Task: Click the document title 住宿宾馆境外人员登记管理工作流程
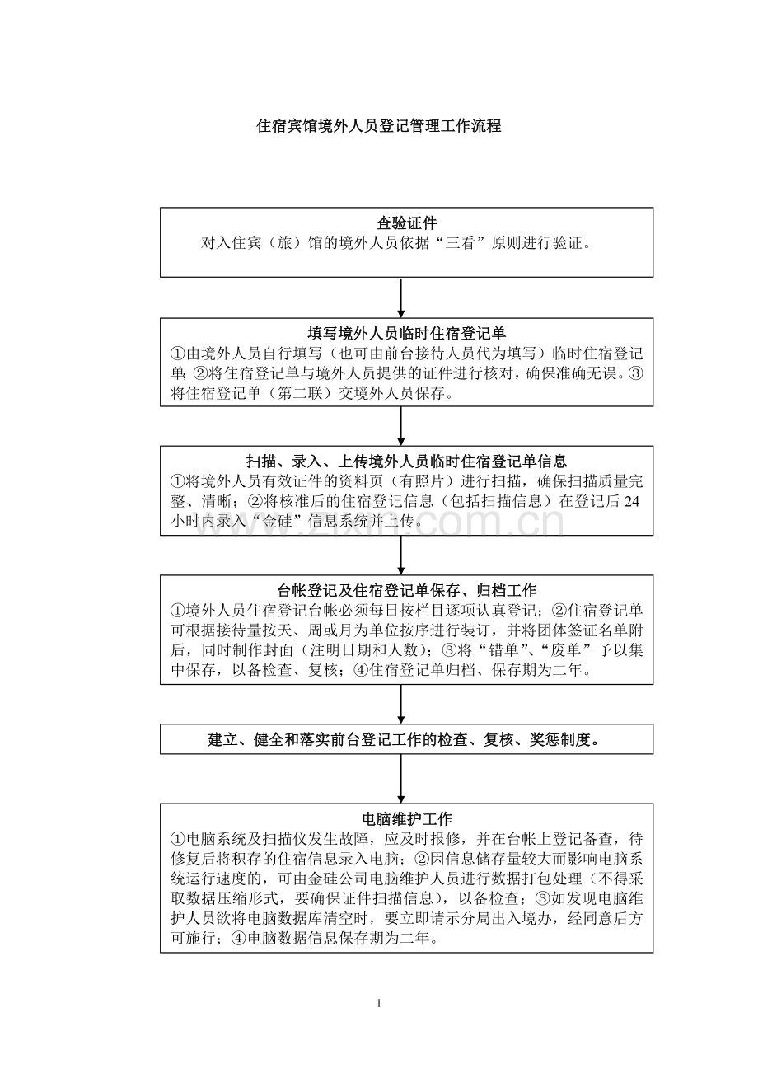pyautogui.click(x=379, y=126)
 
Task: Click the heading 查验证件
pyautogui.click(x=406, y=223)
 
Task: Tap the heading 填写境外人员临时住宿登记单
pyautogui.click(x=406, y=334)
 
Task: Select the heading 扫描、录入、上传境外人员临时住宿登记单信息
pyautogui.click(x=406, y=462)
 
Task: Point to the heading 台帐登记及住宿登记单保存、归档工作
pyautogui.click(x=406, y=591)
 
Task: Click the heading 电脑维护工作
pyautogui.click(x=406, y=818)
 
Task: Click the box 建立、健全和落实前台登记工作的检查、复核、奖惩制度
pyautogui.click(x=406, y=739)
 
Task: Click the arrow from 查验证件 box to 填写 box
pyautogui.click(x=401, y=298)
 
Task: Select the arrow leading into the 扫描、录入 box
pyautogui.click(x=401, y=426)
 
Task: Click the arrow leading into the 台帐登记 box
pyautogui.click(x=401, y=555)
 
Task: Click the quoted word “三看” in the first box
pyautogui.click(x=460, y=243)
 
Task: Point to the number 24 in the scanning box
pyautogui.click(x=632, y=501)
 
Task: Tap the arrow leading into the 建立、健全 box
pyautogui.click(x=401, y=704)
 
